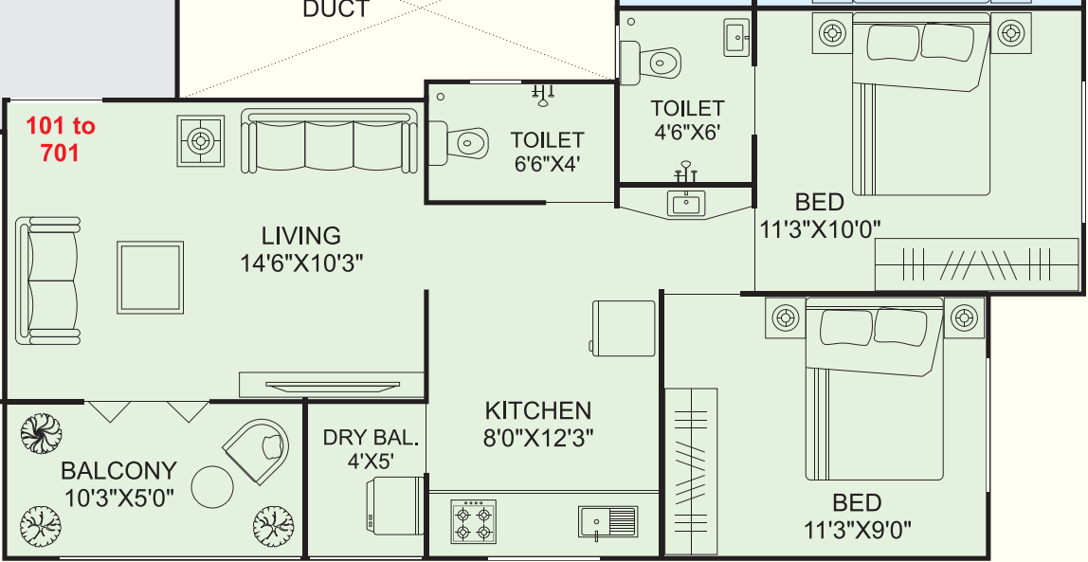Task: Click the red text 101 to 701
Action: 61,138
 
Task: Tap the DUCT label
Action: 336,9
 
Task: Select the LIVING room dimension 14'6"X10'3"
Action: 301,263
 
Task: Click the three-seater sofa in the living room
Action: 330,141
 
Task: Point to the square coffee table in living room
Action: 150,277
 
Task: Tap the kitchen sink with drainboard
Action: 607,521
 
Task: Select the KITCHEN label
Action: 537,410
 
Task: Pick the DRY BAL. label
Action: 372,438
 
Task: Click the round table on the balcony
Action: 212,487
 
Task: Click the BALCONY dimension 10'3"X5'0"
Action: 118,497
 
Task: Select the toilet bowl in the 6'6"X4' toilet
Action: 459,144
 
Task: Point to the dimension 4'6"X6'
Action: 687,132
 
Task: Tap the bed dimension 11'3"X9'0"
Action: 858,531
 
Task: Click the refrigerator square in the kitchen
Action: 623,328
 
